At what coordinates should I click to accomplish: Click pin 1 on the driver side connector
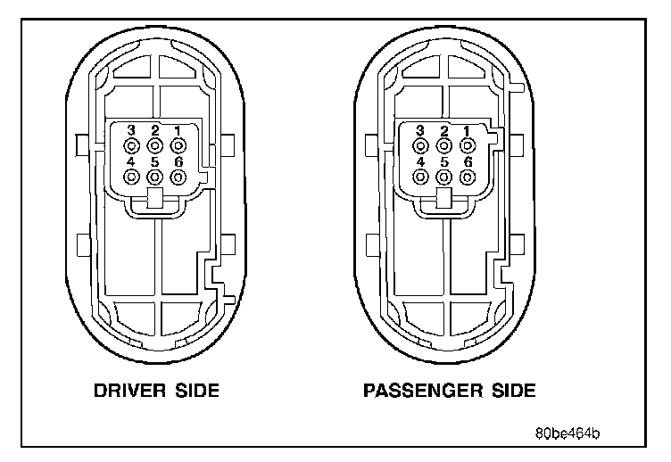click(x=178, y=144)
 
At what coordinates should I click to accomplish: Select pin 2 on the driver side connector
click(x=154, y=144)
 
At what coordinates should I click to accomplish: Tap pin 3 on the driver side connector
click(x=131, y=144)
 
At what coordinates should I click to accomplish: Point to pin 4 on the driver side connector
click(x=131, y=176)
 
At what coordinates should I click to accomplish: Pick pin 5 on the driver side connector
click(x=154, y=176)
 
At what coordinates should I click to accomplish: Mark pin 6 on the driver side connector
click(x=178, y=176)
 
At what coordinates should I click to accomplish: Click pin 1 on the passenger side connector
click(x=466, y=144)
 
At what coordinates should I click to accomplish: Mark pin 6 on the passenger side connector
click(x=466, y=176)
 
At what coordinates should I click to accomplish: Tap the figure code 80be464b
click(x=567, y=434)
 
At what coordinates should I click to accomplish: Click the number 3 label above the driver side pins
click(x=131, y=130)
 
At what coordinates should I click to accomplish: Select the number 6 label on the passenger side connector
click(x=466, y=161)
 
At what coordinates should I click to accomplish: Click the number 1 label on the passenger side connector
click(x=466, y=130)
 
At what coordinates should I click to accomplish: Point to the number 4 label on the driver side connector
click(x=131, y=161)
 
